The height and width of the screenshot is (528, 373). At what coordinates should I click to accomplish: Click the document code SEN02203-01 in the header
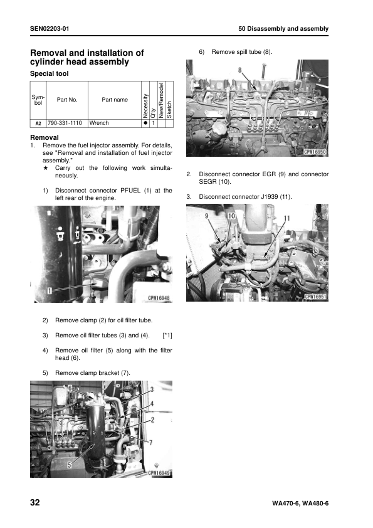(50, 29)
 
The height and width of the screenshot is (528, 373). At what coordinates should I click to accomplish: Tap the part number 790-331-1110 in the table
(66, 123)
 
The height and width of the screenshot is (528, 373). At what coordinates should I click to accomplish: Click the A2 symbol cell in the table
(38, 124)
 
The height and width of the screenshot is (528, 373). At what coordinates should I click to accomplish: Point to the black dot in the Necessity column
(145, 123)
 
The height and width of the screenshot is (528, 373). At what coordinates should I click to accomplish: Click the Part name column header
(115, 100)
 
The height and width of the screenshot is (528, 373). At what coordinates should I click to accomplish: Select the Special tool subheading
(50, 73)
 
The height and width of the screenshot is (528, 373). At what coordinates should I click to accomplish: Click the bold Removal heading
(45, 137)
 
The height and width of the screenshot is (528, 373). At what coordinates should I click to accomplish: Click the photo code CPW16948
(159, 298)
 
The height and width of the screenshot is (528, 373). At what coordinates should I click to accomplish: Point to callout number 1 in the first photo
(48, 290)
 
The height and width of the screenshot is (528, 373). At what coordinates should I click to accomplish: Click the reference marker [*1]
(167, 336)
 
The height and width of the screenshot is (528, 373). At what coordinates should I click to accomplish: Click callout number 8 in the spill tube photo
(240, 70)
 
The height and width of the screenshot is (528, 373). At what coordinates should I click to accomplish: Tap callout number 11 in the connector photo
(286, 218)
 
